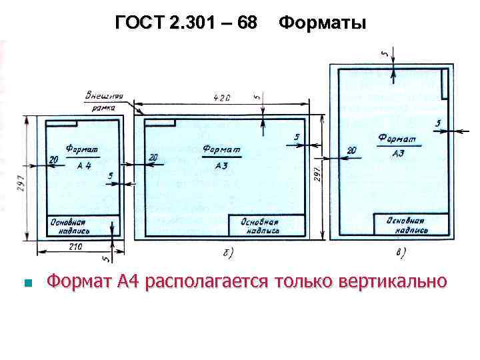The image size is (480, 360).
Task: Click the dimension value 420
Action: tap(222, 98)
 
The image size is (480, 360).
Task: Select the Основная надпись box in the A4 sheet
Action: tap(67, 225)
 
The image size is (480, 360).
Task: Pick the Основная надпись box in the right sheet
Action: tap(406, 224)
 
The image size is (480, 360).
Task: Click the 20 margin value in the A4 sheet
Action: tap(53, 158)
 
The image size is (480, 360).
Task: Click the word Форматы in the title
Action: tap(322, 23)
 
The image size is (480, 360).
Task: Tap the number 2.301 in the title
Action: tap(193, 23)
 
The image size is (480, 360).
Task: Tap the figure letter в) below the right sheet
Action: tap(401, 253)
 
